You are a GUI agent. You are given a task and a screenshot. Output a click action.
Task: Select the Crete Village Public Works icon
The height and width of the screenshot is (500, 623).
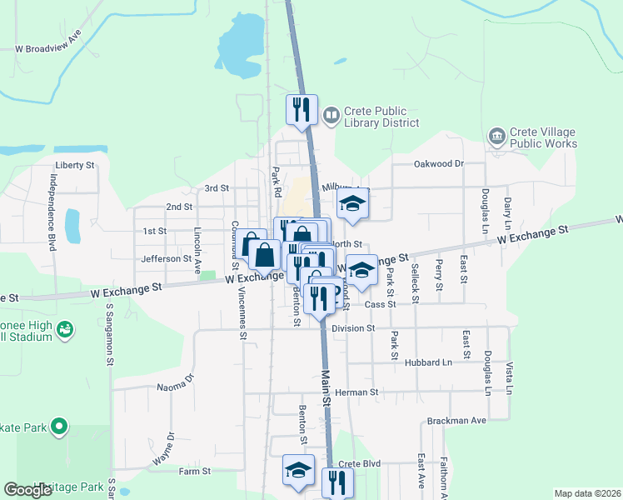[497, 137]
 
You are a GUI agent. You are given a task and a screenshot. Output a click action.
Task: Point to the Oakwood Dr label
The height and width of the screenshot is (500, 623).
[438, 164]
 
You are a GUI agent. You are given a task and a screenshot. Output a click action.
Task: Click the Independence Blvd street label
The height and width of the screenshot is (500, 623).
[52, 212]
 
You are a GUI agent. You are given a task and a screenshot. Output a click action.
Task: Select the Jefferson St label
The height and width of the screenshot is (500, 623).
[167, 259]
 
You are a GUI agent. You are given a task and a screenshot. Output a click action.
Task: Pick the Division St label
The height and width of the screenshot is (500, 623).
[353, 328]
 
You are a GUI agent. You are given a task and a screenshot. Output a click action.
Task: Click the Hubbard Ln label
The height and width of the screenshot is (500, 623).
[429, 362]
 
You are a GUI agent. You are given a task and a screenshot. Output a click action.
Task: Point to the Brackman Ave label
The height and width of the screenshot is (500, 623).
[456, 421]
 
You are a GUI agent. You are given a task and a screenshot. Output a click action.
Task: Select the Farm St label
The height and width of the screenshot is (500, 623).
[192, 472]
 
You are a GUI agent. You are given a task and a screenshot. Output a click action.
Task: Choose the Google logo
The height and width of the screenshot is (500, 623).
[28, 490]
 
